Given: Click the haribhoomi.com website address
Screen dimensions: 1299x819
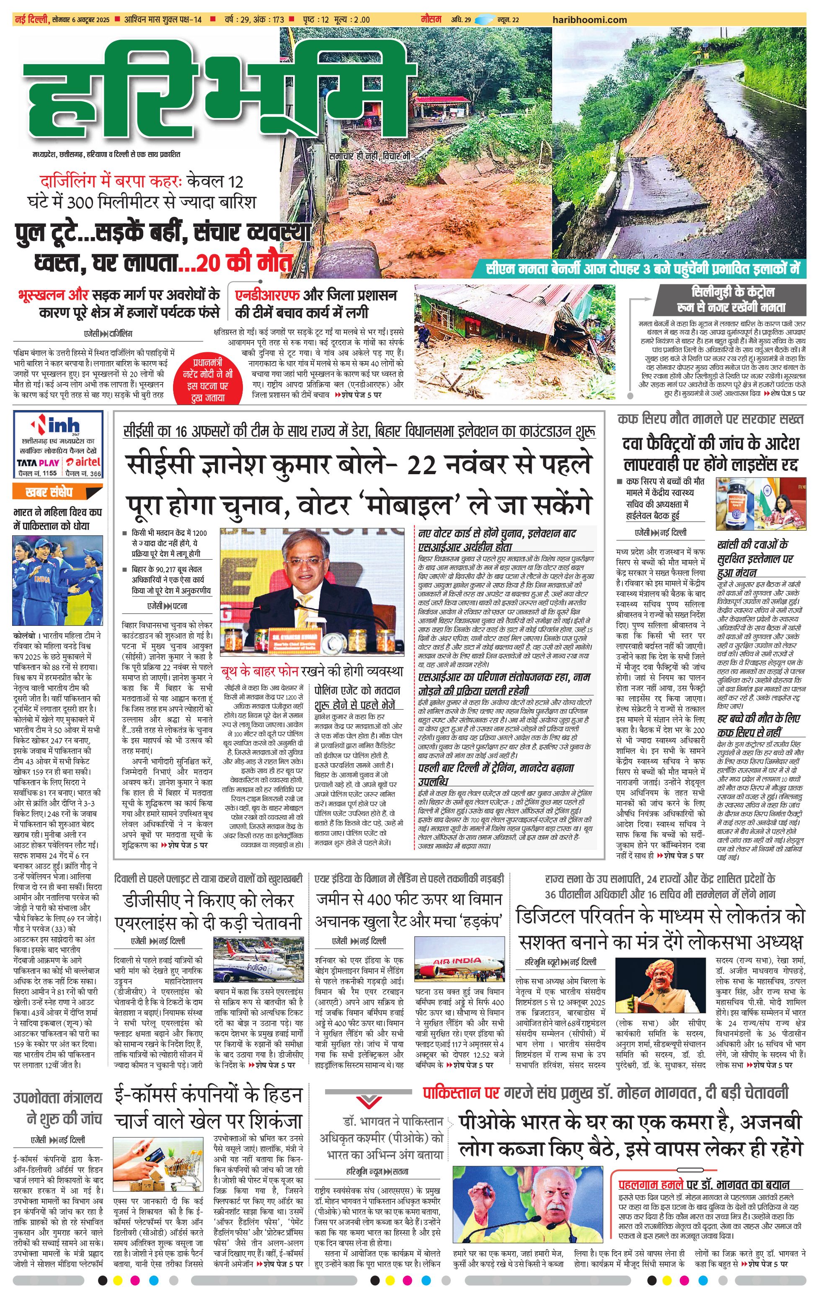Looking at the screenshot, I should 590,19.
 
